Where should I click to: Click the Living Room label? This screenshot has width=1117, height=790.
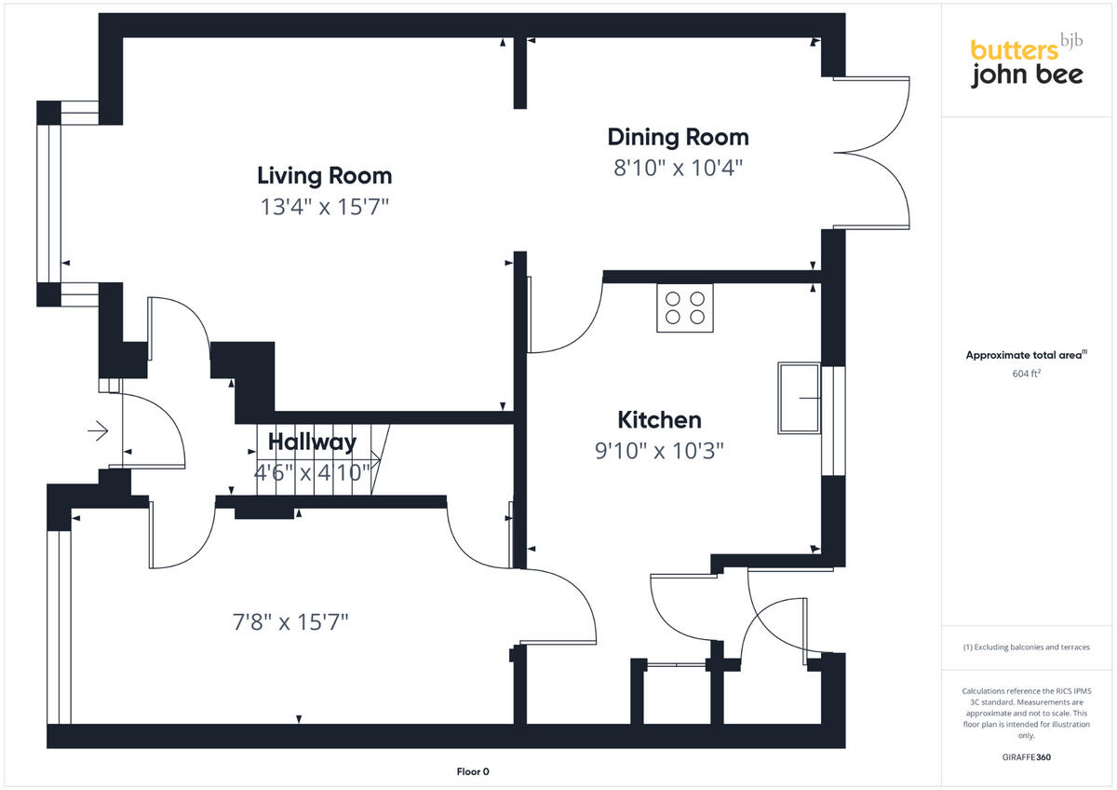[324, 175]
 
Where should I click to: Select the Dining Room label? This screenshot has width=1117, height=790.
[678, 137]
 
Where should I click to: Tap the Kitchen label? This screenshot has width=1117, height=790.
[659, 419]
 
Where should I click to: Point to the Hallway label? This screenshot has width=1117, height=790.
[312, 442]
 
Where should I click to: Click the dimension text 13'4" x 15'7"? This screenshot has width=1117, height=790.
[324, 207]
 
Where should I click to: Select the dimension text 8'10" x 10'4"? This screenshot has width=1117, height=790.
[678, 169]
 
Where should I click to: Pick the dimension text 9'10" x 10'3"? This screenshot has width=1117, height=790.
[659, 451]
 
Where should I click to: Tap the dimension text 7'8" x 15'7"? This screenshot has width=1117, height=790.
[290, 621]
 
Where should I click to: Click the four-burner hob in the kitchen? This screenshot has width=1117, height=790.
[684, 308]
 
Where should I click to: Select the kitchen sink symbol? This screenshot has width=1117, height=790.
[799, 398]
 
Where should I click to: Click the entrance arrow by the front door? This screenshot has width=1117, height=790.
[98, 430]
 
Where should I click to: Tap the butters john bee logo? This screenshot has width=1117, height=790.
[1026, 63]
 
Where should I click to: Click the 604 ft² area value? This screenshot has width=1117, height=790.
[1026, 374]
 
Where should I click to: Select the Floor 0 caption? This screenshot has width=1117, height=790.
[473, 771]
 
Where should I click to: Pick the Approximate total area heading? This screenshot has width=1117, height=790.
[1026, 355]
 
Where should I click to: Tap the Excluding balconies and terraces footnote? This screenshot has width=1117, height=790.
[1026, 647]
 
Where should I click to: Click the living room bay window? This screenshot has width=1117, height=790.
[48, 203]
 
